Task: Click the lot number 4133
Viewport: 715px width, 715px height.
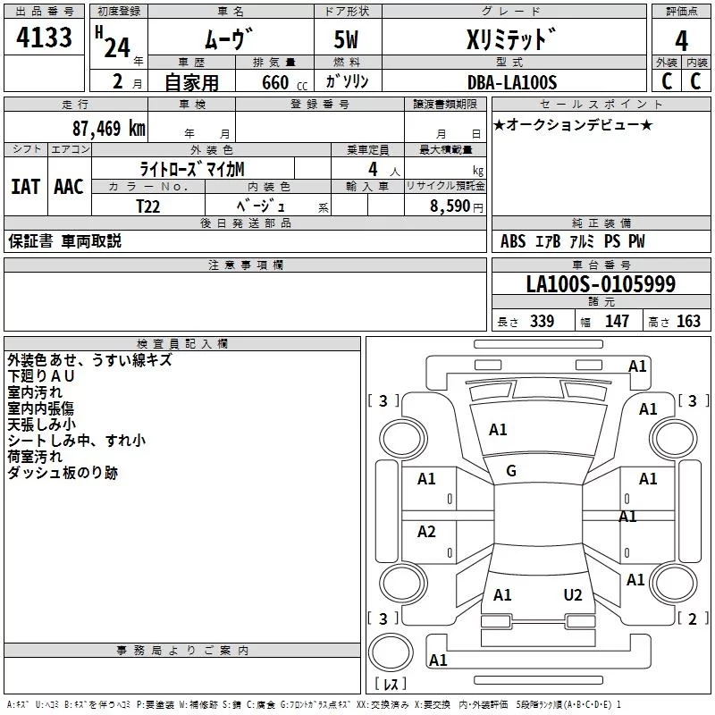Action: pyautogui.click(x=44, y=39)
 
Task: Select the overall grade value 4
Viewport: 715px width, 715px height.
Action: pyautogui.click(x=682, y=41)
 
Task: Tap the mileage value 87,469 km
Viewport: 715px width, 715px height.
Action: pyautogui.click(x=108, y=128)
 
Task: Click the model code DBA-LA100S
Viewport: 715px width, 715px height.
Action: pyautogui.click(x=511, y=82)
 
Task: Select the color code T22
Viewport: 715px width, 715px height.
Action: pyautogui.click(x=149, y=205)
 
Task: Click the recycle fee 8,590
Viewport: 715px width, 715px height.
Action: pyautogui.click(x=450, y=205)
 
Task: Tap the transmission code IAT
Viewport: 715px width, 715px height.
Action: pyautogui.click(x=25, y=187)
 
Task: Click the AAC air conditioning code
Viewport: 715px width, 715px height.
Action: pyautogui.click(x=69, y=187)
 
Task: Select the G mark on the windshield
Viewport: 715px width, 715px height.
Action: pyautogui.click(x=511, y=471)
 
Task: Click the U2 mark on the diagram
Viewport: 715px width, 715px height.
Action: pyautogui.click(x=572, y=595)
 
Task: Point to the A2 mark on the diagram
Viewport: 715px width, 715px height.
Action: pyautogui.click(x=427, y=532)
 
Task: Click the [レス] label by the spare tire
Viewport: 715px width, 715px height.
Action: pyautogui.click(x=391, y=684)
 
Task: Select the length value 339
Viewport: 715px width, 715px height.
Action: pyautogui.click(x=542, y=322)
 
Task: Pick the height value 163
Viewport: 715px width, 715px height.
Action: pyautogui.click(x=688, y=322)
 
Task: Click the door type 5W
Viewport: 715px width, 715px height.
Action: pyautogui.click(x=347, y=42)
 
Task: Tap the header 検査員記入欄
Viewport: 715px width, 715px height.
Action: pyautogui.click(x=182, y=343)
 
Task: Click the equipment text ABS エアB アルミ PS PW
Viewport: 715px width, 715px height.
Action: pyautogui.click(x=572, y=241)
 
